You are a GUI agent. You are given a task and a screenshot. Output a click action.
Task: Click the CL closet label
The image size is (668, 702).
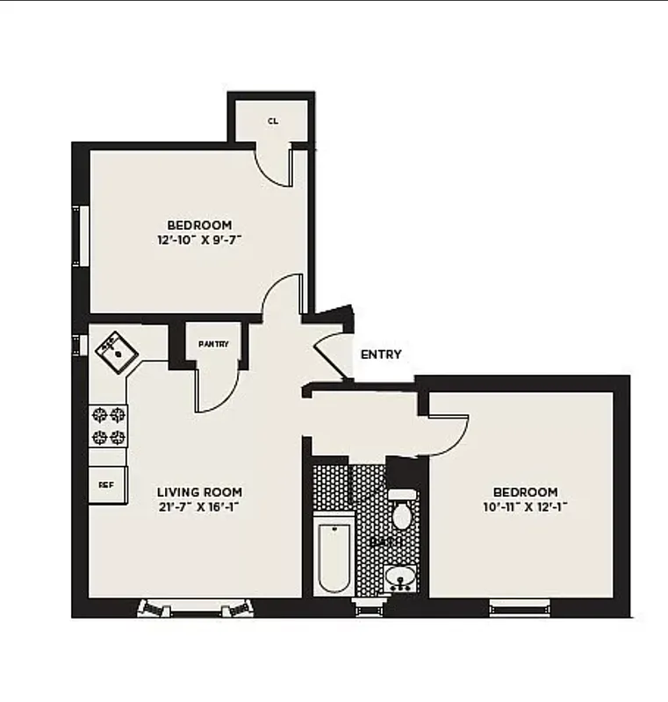[x=272, y=121]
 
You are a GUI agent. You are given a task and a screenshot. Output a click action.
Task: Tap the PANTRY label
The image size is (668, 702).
[x=213, y=344]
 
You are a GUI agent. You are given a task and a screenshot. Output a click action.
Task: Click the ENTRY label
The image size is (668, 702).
[x=381, y=355]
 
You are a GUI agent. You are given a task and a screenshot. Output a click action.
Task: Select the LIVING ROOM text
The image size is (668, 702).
[x=199, y=492]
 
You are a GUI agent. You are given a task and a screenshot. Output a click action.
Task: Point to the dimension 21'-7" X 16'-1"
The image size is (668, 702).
[x=199, y=506]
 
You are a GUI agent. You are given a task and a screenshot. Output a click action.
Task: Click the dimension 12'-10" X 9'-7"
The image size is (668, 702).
[x=199, y=238]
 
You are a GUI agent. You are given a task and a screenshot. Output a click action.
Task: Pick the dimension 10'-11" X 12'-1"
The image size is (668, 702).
[x=525, y=506]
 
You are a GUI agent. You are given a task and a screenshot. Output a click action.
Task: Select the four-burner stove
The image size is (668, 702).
[x=108, y=425]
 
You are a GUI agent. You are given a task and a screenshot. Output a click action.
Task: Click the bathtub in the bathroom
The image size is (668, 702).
[x=334, y=555]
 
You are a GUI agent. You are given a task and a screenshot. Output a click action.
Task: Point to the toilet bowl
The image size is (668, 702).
[x=402, y=515]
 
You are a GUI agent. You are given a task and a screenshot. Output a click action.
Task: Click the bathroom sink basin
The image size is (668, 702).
[x=401, y=578]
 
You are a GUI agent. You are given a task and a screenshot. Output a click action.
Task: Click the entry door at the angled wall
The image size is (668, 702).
[x=332, y=351]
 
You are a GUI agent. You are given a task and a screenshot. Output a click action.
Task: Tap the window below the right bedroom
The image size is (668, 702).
[x=520, y=605]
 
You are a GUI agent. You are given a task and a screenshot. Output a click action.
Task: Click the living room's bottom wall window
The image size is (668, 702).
[x=195, y=607]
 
